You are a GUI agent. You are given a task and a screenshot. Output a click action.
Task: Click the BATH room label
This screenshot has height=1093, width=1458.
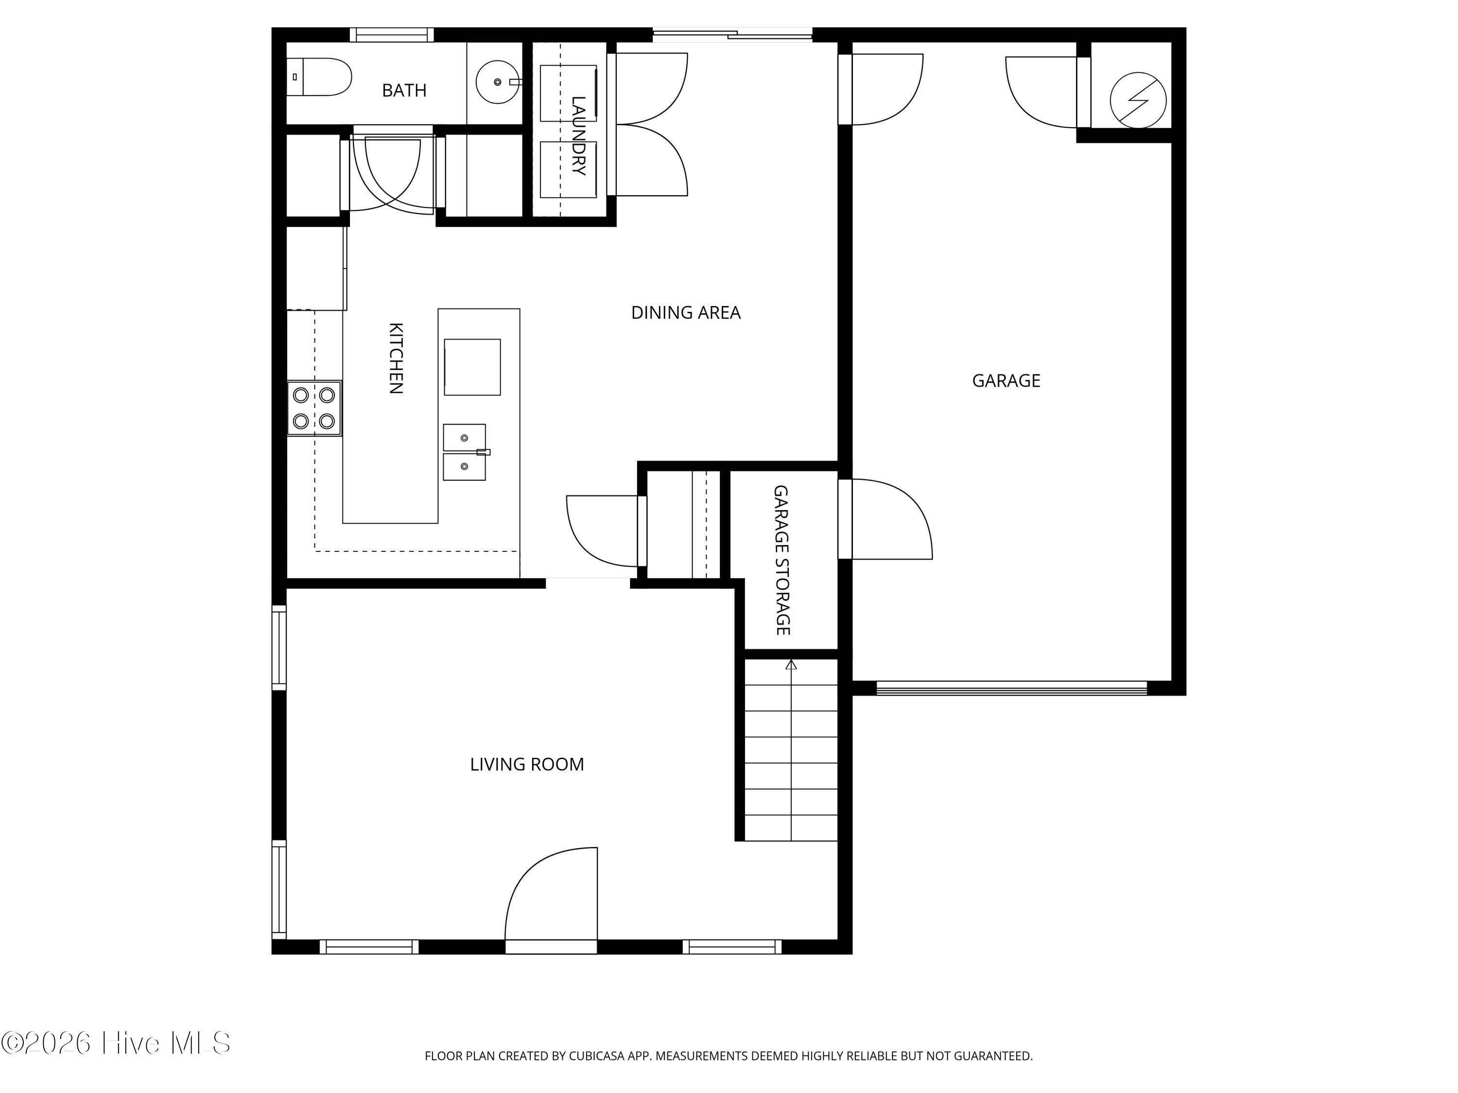click(x=404, y=90)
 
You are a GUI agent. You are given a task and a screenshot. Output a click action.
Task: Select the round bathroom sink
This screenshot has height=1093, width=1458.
click(x=498, y=83)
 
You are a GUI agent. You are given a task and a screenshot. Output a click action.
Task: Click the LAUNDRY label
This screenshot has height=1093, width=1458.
click(x=578, y=136)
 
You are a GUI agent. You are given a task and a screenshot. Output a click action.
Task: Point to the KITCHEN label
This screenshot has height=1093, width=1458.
click(x=396, y=359)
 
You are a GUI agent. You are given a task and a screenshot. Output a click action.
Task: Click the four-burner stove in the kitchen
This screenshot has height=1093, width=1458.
click(x=314, y=408)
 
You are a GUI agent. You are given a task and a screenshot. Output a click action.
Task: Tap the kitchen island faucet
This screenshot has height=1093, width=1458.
click(x=483, y=452)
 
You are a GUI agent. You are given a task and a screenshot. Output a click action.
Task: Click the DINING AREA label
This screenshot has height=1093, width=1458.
click(x=685, y=312)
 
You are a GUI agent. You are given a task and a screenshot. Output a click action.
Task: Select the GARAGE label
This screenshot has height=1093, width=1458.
click(x=1006, y=381)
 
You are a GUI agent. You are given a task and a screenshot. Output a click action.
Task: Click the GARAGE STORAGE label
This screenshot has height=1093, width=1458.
click(x=781, y=561)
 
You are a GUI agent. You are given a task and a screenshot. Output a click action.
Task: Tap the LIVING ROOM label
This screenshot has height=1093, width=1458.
click(x=527, y=764)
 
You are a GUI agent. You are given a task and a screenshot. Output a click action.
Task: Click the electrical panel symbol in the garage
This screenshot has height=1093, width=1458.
click(x=1138, y=100)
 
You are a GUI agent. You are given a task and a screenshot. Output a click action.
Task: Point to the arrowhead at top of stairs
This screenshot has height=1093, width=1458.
click(x=791, y=665)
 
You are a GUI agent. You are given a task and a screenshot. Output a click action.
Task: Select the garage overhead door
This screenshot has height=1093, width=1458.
click(x=1012, y=688)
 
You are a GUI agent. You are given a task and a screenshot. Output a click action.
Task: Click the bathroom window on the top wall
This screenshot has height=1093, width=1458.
click(x=392, y=35)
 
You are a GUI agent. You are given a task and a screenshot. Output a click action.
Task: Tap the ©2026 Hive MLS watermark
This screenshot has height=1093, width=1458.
click(x=116, y=1043)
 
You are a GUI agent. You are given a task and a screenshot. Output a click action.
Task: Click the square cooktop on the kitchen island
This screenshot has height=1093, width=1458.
click(x=472, y=367)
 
